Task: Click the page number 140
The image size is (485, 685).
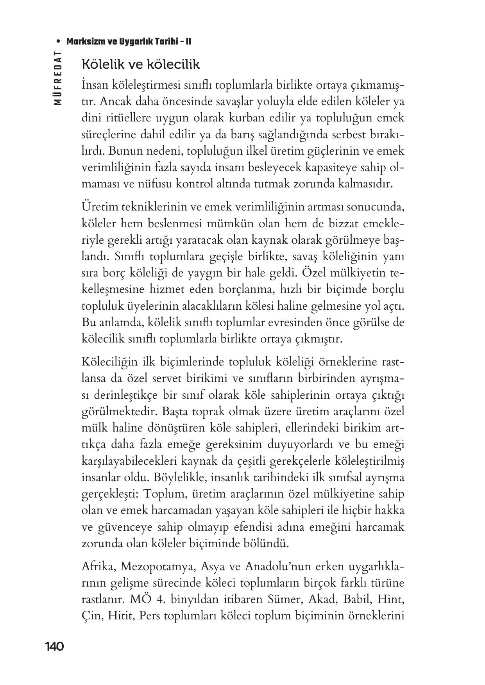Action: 54,647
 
